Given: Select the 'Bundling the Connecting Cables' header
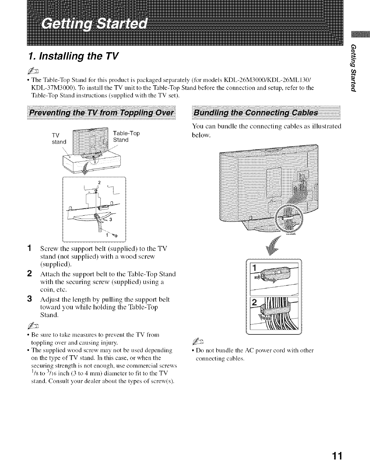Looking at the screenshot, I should pyautogui.click(x=256, y=112).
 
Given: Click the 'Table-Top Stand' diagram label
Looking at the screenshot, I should pyautogui.click(x=126, y=136).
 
